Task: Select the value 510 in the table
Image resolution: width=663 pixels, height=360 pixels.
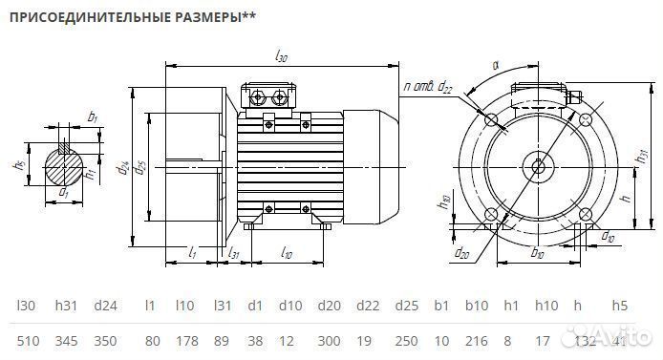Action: tap(29, 341)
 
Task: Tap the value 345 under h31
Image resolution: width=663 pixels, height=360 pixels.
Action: tap(67, 341)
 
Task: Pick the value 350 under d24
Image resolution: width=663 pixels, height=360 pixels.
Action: tap(106, 341)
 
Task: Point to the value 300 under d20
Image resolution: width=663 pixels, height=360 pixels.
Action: tap(330, 341)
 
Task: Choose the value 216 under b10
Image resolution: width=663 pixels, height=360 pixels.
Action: tap(476, 341)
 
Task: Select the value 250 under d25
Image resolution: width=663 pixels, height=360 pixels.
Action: tap(405, 341)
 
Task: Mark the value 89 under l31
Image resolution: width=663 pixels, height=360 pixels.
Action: tap(222, 341)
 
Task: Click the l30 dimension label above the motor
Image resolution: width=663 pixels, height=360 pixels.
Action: tap(281, 58)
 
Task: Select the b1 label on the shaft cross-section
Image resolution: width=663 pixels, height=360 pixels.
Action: tap(93, 117)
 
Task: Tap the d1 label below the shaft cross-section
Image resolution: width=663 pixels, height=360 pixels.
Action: tap(64, 193)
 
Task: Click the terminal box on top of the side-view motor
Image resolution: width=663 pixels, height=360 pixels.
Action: tap(270, 95)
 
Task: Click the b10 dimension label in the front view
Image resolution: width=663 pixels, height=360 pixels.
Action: tap(537, 254)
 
